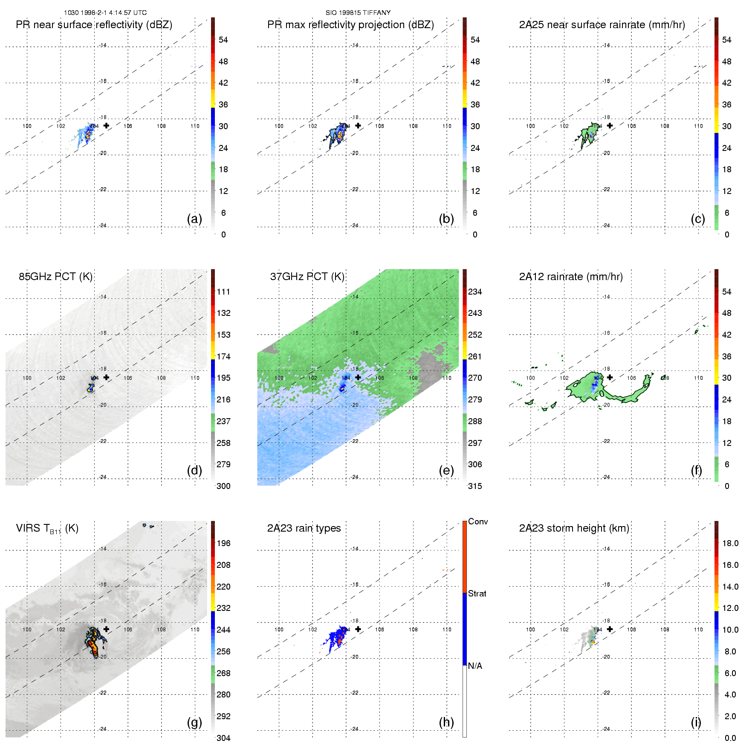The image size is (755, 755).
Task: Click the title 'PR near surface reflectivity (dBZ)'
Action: coord(94,25)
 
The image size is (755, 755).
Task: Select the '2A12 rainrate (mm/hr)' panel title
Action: coord(571,277)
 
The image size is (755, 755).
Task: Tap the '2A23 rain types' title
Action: coord(304,528)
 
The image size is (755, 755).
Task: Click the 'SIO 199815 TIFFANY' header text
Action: coord(358,13)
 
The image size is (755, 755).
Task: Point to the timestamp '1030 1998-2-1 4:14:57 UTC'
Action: coord(105,13)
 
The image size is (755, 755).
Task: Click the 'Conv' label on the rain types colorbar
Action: coord(478,521)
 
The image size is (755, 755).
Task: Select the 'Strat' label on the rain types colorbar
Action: coord(477,593)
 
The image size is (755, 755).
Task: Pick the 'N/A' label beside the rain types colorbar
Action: coord(475,666)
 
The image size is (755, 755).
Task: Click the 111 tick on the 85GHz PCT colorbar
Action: coord(223,292)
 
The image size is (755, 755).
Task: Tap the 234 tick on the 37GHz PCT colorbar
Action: coord(475,292)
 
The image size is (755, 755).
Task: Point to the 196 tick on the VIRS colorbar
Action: coord(223,543)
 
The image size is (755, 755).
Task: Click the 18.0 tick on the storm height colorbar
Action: coord(730,543)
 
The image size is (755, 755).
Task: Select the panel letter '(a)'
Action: coord(194,219)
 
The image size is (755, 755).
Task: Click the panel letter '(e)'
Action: coord(446,470)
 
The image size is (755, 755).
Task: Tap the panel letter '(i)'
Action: coord(696,722)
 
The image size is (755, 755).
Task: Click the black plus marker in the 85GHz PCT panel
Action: coord(106,377)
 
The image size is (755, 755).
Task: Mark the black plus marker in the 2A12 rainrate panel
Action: coord(610,377)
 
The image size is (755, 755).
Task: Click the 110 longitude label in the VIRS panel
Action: coord(195,629)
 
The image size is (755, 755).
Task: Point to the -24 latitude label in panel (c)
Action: coord(606,226)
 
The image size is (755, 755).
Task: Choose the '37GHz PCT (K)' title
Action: coord(307,277)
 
